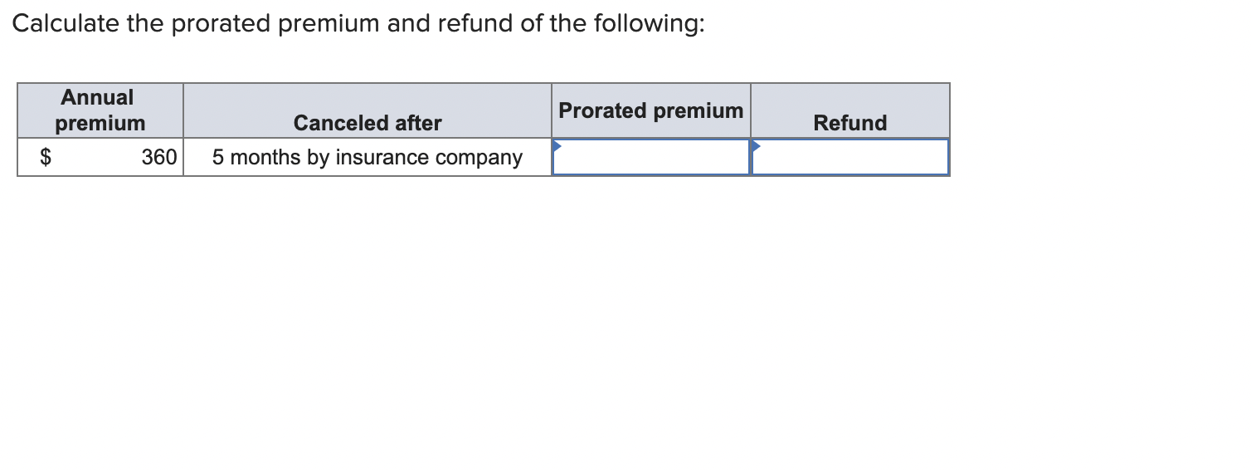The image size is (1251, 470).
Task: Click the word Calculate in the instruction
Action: point(65,24)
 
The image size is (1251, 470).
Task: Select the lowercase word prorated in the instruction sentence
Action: point(221,24)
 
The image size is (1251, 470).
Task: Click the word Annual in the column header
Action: point(97,98)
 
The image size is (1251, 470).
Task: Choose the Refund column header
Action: point(849,124)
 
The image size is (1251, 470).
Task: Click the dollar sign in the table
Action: point(47,158)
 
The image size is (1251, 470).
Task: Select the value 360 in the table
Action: point(158,158)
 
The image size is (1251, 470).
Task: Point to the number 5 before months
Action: point(218,158)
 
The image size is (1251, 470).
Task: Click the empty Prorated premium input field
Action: point(651,158)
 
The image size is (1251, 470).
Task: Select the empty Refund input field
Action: point(850,158)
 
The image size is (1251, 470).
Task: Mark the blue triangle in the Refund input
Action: point(757,145)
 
